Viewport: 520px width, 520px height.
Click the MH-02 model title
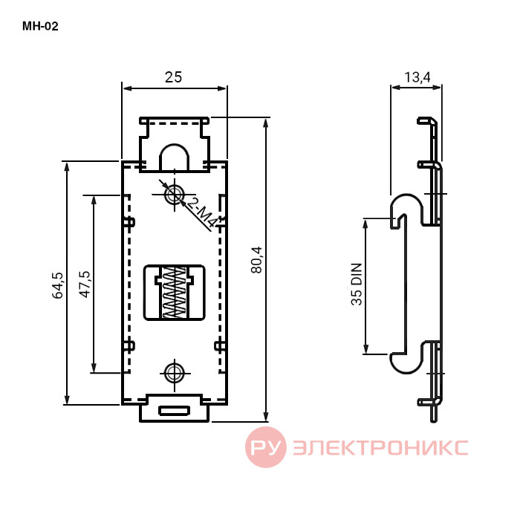click(x=40, y=26)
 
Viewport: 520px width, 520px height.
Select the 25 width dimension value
click(x=173, y=77)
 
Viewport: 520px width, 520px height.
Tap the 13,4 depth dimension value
click(x=417, y=77)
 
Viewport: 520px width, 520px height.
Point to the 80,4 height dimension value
click(x=257, y=260)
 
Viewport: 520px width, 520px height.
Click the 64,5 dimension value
click(x=57, y=285)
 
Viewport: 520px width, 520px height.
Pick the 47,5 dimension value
click(x=85, y=285)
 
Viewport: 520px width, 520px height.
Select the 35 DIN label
click(x=357, y=285)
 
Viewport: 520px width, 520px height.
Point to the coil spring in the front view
click(x=174, y=293)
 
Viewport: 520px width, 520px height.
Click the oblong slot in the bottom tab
click(x=174, y=411)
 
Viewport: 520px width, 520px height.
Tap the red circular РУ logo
click(x=266, y=447)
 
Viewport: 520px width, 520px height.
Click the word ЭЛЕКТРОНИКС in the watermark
click(x=380, y=447)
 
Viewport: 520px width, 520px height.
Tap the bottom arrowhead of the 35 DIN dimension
click(x=365, y=349)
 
